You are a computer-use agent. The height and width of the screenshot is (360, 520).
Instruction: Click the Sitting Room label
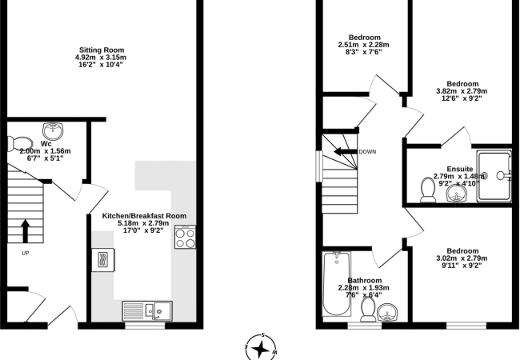pyautogui.click(x=101, y=49)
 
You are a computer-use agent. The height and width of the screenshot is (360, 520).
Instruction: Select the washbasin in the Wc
pyautogui.click(x=54, y=128)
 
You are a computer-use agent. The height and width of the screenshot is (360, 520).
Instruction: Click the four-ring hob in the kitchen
pyautogui.click(x=185, y=238)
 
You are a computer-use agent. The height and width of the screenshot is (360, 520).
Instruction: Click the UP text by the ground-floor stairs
pyautogui.click(x=26, y=253)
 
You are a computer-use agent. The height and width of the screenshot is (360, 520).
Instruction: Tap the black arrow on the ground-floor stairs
pyautogui.click(x=26, y=230)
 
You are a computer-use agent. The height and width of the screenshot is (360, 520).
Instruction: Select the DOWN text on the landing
pyautogui.click(x=368, y=151)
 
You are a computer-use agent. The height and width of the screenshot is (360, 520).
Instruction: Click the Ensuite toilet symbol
pyautogui.click(x=428, y=189)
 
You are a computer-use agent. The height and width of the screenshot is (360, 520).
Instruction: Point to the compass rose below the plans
pyautogui.click(x=260, y=347)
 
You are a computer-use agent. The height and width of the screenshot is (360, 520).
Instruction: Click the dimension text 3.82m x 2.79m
pyautogui.click(x=462, y=91)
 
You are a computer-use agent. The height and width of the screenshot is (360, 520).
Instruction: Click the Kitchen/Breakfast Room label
pyautogui.click(x=144, y=216)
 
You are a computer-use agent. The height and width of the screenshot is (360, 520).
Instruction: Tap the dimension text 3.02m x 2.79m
pyautogui.click(x=459, y=258)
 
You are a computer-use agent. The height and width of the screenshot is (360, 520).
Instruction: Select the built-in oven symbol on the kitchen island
pyautogui.click(x=104, y=259)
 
